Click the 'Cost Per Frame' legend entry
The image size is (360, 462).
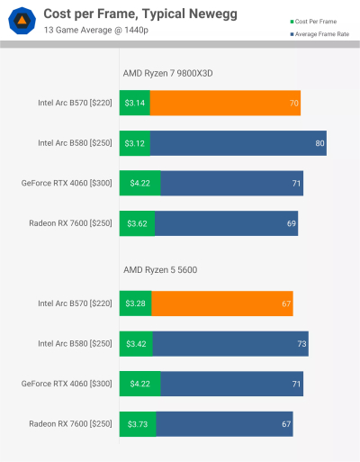(x=315, y=20)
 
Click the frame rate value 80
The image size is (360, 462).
(x=319, y=143)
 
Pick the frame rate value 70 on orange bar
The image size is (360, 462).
(x=294, y=104)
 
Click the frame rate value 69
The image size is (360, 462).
(x=291, y=222)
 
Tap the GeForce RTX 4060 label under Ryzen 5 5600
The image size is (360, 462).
(x=67, y=383)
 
